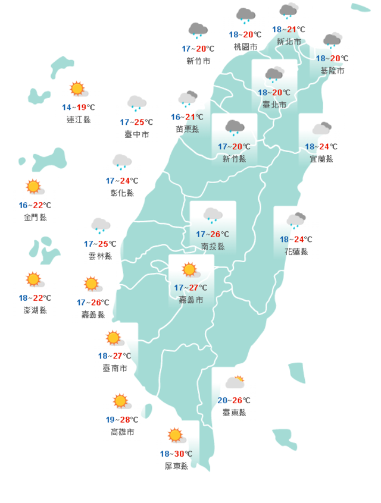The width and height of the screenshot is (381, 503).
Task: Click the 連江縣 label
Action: (x=79, y=120)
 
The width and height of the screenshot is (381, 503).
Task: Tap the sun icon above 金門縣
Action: (x=34, y=187)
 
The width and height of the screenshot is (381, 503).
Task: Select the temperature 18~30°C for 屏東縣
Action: (x=176, y=454)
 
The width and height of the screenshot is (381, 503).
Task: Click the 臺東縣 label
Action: (x=233, y=413)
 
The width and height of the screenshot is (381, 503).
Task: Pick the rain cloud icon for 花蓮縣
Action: (x=295, y=221)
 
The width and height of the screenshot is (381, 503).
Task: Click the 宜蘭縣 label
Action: (x=321, y=159)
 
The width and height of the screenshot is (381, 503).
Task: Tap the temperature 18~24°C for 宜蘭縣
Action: (x=321, y=147)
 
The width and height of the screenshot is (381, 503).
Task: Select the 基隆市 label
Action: (x=332, y=71)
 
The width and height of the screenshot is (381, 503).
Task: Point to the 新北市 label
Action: (x=289, y=42)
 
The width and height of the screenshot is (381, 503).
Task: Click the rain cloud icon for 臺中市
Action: (x=137, y=103)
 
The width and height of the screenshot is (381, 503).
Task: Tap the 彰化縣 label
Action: (x=122, y=193)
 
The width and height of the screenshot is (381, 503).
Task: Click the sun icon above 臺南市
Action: (x=114, y=338)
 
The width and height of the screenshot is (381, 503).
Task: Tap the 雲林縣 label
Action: (x=100, y=256)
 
